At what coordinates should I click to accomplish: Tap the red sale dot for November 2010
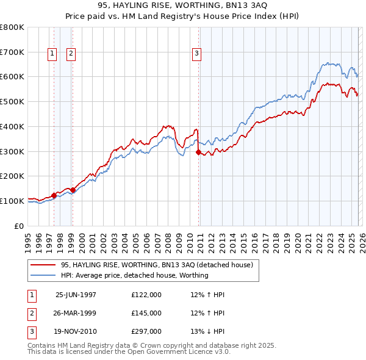[x=198, y=153]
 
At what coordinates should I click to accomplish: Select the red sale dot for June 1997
[x=54, y=195]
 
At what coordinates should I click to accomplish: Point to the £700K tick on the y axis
[x=12, y=52]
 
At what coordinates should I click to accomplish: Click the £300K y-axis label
[x=12, y=151]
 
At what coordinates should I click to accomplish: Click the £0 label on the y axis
[x=20, y=226]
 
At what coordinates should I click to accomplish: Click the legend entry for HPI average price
[x=134, y=275]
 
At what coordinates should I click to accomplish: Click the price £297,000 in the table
[x=146, y=331]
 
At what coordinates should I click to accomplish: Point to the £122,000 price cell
[x=146, y=295]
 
